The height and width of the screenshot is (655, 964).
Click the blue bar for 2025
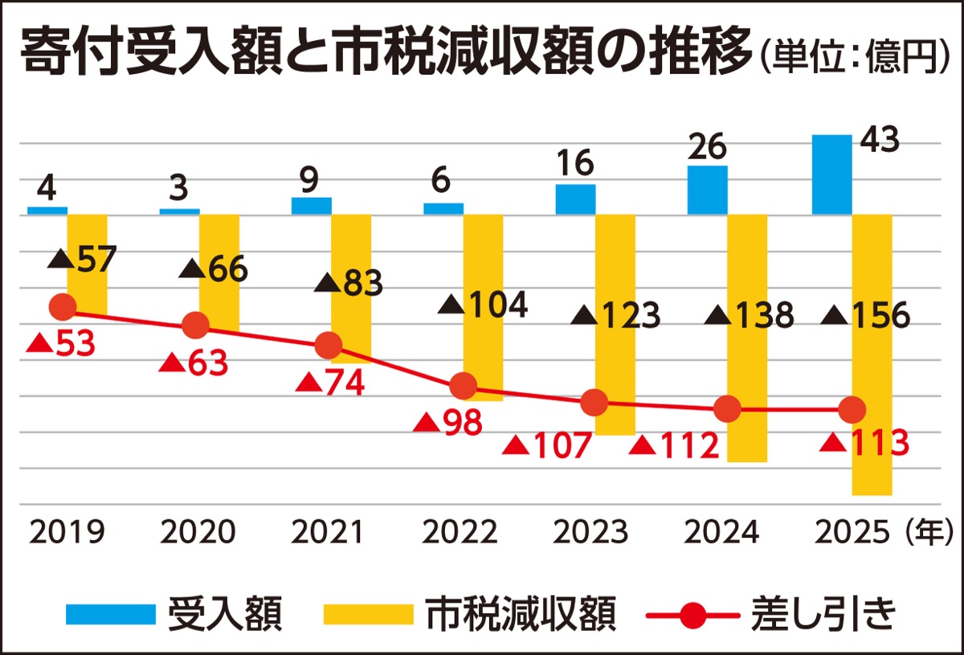[831, 174]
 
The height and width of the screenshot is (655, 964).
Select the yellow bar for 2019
[87, 264]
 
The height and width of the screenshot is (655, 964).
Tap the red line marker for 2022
[464, 387]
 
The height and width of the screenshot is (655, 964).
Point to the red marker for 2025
[852, 410]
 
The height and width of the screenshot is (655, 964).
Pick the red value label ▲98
[447, 423]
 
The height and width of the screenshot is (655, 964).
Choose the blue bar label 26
[707, 147]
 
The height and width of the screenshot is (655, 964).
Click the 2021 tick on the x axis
[327, 532]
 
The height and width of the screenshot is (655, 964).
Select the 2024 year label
[721, 532]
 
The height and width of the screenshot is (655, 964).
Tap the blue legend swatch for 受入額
[111, 615]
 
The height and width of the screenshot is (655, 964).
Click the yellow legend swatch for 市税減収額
[369, 615]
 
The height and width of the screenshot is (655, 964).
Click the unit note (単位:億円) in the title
[855, 56]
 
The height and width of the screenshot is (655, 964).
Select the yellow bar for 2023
[615, 325]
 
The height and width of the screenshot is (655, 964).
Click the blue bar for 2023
[576, 199]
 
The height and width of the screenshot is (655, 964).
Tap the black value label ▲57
[82, 259]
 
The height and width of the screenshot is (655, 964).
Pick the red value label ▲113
[864, 443]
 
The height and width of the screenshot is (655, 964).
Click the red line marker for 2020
[195, 326]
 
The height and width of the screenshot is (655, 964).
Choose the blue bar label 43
[880, 139]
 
